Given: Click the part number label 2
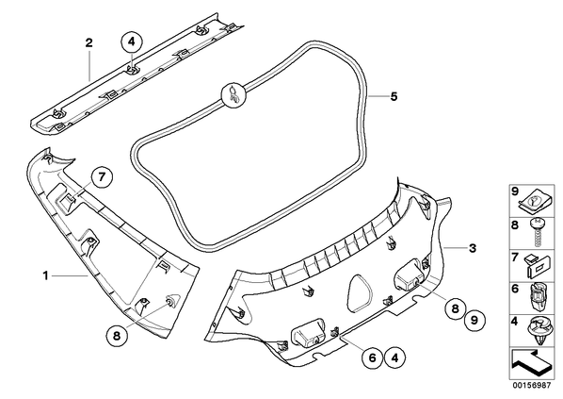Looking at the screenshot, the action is [88, 43].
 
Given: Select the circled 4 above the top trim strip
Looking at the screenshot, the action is [132, 42].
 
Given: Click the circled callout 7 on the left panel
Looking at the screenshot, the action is [102, 177].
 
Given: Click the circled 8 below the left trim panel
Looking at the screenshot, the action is [117, 336].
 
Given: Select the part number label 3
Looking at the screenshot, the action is [473, 248].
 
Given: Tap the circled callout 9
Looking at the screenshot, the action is [475, 320].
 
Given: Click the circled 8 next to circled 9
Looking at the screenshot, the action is [455, 308].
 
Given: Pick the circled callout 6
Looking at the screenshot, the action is [372, 357].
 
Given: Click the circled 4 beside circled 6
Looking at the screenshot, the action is [394, 357].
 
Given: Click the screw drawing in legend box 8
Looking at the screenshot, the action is [538, 232].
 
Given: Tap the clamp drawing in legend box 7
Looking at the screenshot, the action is [538, 266].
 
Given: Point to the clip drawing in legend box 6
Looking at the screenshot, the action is [537, 297].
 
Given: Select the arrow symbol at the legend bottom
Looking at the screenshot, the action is [532, 363].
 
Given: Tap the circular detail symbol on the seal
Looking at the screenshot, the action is [233, 95].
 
